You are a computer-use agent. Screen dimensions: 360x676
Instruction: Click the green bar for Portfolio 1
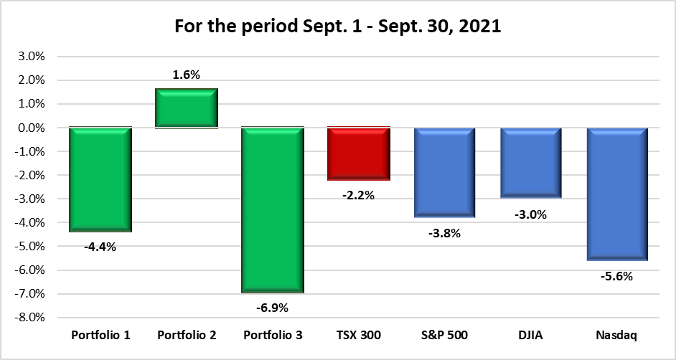tap(100, 179)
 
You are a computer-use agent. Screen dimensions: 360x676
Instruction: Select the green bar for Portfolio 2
tap(187, 108)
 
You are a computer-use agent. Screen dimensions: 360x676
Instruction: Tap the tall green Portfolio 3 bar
tap(273, 210)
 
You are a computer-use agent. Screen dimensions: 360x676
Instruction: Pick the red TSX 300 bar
tap(359, 154)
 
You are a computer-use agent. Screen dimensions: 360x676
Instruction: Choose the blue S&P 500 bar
tap(445, 173)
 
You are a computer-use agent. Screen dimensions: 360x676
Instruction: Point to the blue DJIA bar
tap(531, 163)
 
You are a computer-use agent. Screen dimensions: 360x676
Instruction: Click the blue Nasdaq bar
tap(618, 194)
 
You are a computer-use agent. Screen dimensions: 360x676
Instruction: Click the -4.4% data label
tap(100, 247)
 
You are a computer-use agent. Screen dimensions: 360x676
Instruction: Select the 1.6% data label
tap(187, 74)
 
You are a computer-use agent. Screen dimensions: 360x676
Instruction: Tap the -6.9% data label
tap(273, 308)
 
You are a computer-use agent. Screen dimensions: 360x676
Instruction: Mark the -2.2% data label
tap(359, 195)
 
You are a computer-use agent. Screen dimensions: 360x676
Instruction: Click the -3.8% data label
tap(445, 232)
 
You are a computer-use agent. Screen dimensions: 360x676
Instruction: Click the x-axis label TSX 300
tap(359, 336)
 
